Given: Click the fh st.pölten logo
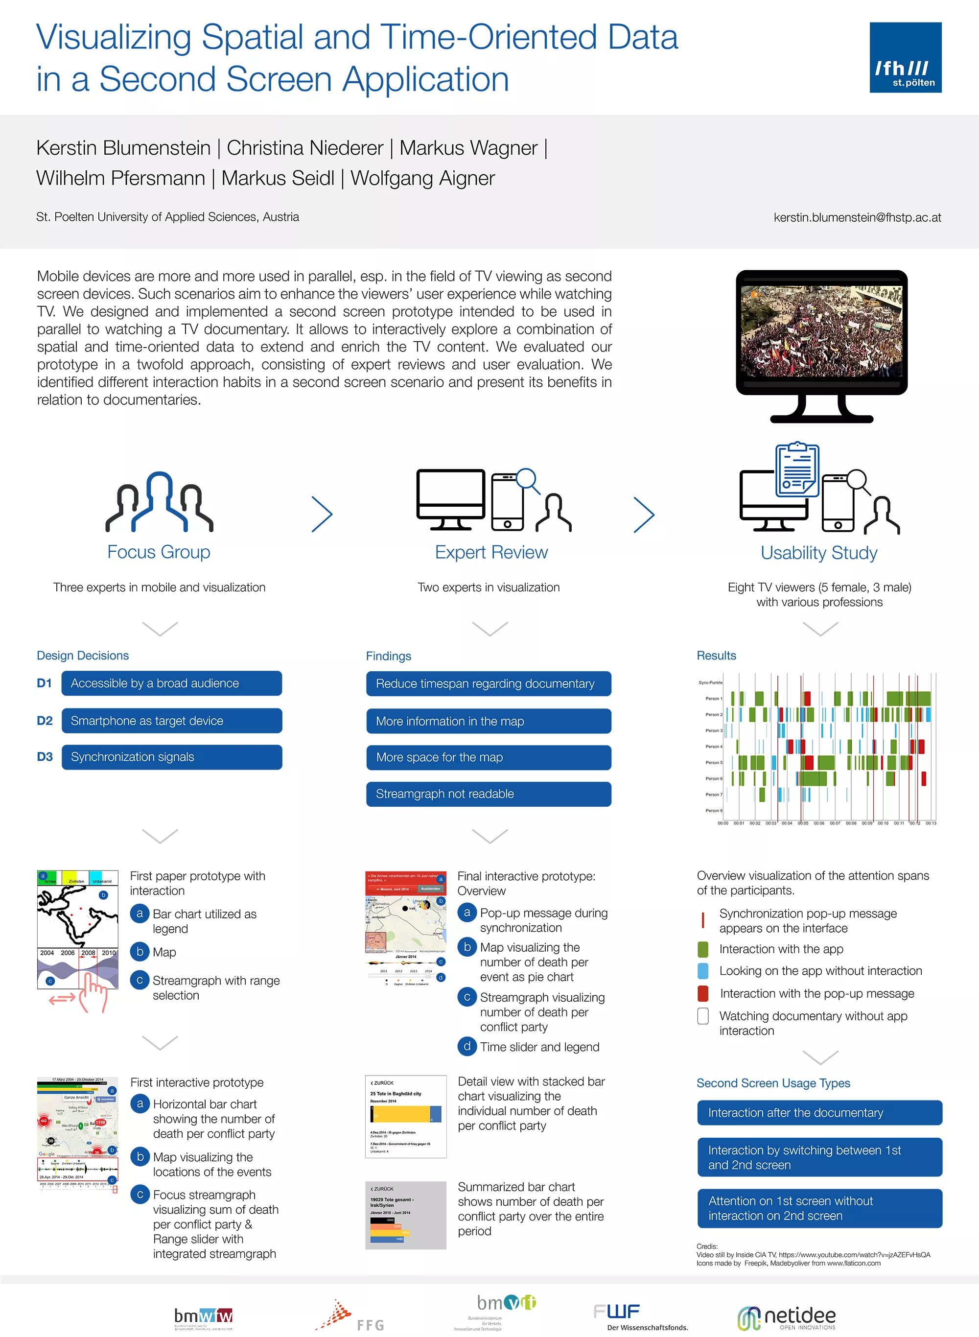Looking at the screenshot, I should [905, 57].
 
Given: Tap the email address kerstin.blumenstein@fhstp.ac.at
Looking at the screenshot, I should [857, 217].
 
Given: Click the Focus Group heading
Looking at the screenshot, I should [159, 552].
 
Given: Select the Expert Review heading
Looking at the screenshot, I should [491, 552].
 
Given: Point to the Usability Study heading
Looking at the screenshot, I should [819, 553].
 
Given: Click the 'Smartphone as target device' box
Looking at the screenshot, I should [172, 721].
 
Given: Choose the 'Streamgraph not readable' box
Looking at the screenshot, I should [489, 794].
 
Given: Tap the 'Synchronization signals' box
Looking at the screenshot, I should [172, 757].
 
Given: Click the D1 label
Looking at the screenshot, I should [45, 683].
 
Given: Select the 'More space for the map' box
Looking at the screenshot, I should [489, 757].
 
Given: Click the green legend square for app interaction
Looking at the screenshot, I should [703, 949].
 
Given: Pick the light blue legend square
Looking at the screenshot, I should [703, 971].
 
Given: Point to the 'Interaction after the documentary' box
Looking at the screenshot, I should [819, 1113].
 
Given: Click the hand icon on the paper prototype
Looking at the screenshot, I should [93, 991].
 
